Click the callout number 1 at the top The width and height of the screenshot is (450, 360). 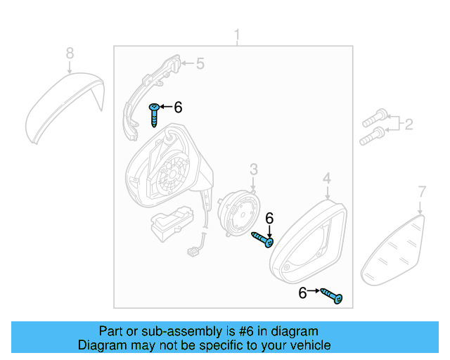click(236, 35)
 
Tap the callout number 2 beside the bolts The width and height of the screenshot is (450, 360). click(409, 125)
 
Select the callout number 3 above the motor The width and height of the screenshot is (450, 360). click(254, 169)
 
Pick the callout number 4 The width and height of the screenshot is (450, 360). click(327, 181)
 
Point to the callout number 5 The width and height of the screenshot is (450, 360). click(200, 64)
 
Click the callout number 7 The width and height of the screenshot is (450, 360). click(422, 191)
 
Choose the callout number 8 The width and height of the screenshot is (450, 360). click(69, 53)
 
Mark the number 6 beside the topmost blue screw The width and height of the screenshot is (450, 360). click(178, 107)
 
